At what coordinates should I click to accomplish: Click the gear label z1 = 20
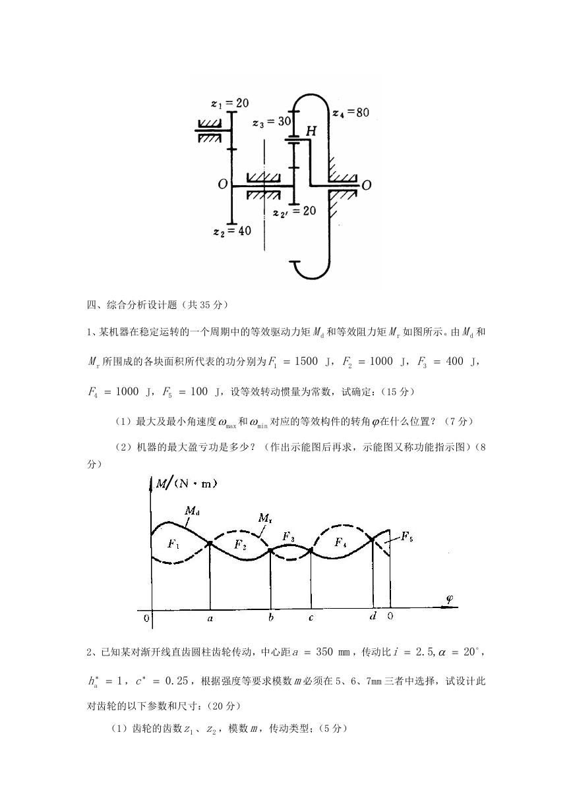tap(230, 103)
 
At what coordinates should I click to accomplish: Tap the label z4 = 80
tap(351, 113)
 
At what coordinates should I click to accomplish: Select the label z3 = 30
tap(272, 122)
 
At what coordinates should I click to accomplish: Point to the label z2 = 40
tap(232, 231)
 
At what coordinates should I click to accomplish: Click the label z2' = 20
tap(295, 211)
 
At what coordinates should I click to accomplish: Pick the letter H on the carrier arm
tap(311, 130)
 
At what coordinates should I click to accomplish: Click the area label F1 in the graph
tap(173, 544)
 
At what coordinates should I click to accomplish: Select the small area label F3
tap(288, 537)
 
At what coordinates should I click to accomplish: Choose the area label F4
tap(340, 542)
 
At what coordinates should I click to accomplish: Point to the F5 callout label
tap(407, 537)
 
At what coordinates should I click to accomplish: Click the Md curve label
tap(193, 511)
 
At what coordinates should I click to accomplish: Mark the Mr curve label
tap(265, 518)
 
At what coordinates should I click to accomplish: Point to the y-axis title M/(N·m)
tap(186, 484)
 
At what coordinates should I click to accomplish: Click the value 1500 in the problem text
tap(306, 361)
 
